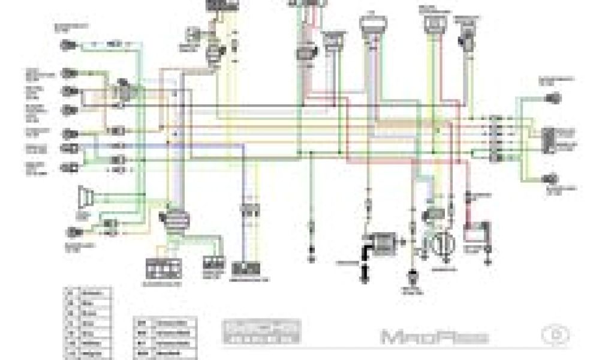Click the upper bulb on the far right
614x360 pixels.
tap(552, 98)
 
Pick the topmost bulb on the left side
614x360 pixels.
tap(67, 46)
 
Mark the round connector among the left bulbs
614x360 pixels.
tap(125, 90)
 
